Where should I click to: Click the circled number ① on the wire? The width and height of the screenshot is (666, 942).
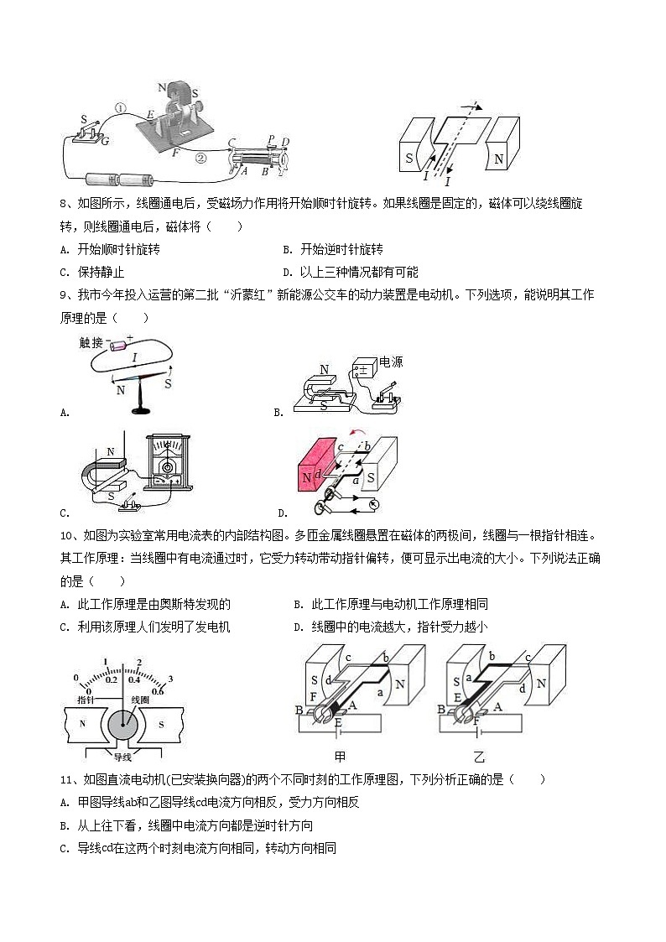120,108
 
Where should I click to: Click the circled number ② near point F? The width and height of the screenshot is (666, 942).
200,157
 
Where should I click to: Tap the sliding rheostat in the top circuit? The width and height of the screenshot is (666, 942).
258,157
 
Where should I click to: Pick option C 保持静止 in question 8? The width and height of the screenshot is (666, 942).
92,272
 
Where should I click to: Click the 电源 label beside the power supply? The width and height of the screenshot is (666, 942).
391,362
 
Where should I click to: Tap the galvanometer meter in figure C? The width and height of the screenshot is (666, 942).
171,470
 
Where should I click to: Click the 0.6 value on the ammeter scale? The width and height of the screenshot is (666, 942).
157,690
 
